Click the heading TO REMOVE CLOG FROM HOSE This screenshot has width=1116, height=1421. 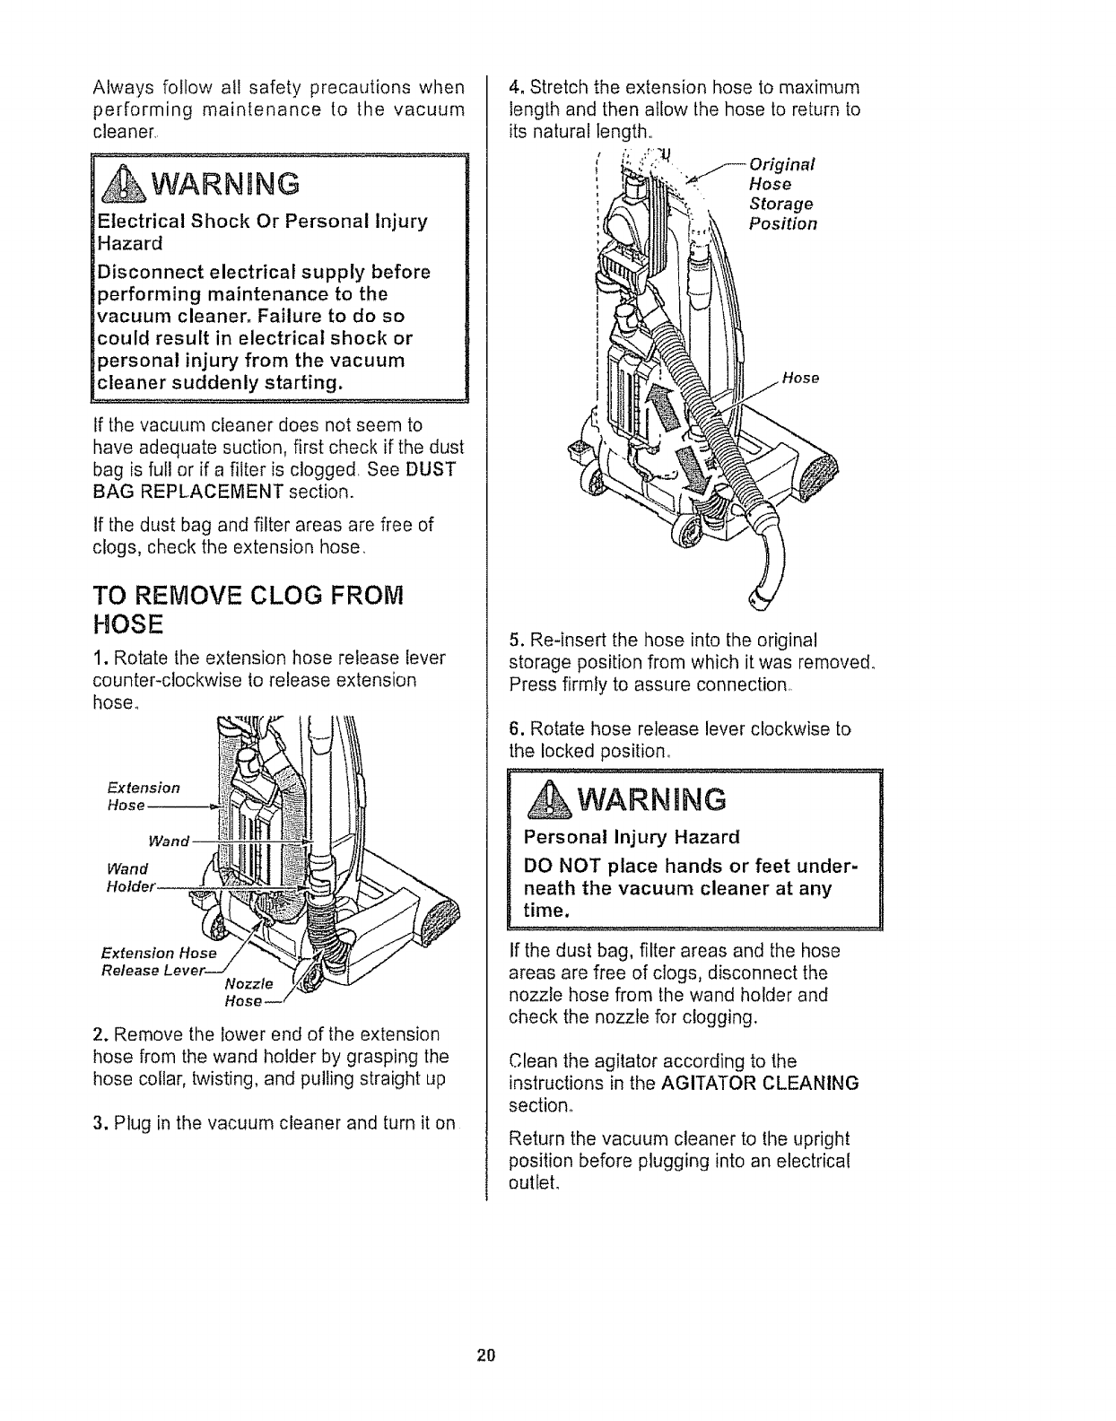tap(248, 608)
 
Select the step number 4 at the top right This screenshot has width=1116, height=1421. tap(514, 88)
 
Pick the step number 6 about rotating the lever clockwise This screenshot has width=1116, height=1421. tap(514, 728)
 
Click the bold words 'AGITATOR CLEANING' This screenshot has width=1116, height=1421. tap(759, 1083)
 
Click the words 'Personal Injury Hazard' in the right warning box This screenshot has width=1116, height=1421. tap(632, 838)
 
